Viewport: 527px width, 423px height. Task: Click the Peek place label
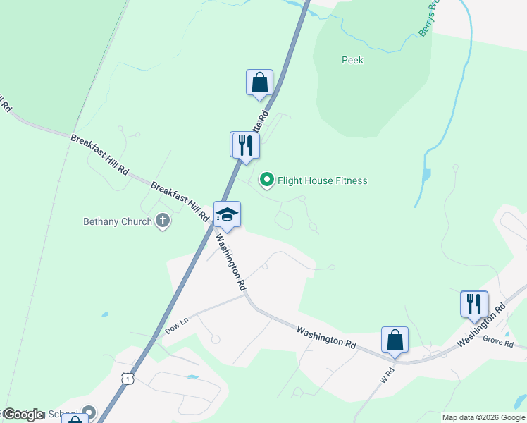(352, 61)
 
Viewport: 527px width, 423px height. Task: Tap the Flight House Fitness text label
(322, 181)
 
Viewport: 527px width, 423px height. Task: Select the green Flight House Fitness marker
(267, 181)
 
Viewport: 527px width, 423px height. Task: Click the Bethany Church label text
(117, 222)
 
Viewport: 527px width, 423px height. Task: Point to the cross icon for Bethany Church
(163, 221)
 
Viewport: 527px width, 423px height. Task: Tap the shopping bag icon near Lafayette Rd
(259, 82)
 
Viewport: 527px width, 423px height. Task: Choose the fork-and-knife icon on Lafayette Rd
(246, 145)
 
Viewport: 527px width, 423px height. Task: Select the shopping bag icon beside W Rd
(395, 339)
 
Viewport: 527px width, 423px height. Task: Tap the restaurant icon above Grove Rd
(474, 304)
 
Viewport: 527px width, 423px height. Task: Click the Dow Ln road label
(178, 325)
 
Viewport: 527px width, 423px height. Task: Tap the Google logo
(23, 415)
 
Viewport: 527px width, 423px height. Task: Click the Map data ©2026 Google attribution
(483, 417)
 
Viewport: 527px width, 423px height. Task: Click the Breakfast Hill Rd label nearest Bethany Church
(180, 200)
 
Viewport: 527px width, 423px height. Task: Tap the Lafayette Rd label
(262, 121)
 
